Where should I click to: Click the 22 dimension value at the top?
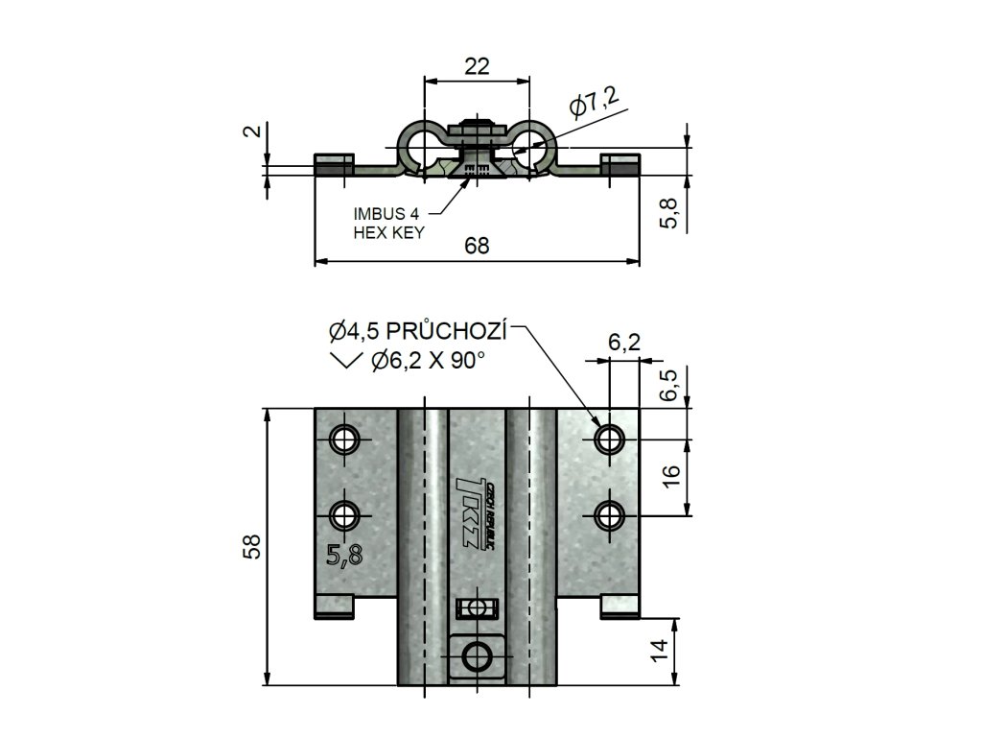477,65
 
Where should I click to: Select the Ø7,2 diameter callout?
594,102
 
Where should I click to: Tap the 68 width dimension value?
477,246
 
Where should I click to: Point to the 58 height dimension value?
251,547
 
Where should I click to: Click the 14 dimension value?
658,651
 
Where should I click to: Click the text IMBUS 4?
386,214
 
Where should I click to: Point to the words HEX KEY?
388,232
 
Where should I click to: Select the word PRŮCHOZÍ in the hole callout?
450,332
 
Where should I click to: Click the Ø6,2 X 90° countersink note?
427,362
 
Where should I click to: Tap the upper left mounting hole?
342,440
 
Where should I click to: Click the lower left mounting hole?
342,515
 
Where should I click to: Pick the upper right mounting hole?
608,440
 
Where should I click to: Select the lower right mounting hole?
608,515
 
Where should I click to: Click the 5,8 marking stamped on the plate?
343,555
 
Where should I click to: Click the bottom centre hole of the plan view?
477,655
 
